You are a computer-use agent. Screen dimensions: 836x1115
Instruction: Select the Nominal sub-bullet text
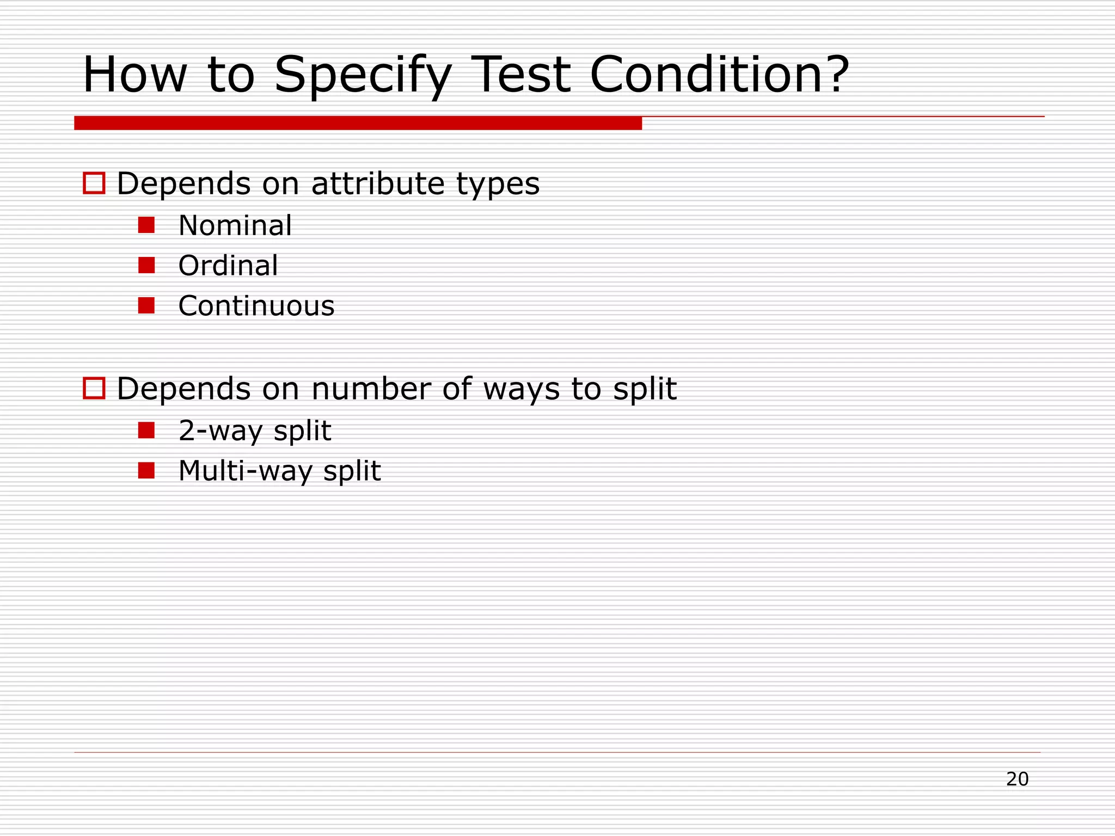click(x=235, y=225)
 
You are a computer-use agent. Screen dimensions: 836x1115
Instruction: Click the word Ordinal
click(x=228, y=266)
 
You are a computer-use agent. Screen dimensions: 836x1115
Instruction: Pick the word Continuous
click(x=256, y=306)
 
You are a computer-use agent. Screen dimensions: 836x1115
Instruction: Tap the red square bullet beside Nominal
click(x=146, y=225)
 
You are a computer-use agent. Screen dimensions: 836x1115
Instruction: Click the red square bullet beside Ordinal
click(x=146, y=265)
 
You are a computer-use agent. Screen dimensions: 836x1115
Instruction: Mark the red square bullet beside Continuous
click(x=146, y=305)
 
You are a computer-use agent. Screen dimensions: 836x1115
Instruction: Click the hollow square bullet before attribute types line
click(x=94, y=183)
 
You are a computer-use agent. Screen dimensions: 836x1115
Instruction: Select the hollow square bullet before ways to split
click(x=94, y=389)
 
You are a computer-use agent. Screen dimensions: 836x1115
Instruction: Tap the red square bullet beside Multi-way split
click(x=146, y=470)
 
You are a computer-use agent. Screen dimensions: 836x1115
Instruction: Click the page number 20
click(x=1017, y=779)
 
